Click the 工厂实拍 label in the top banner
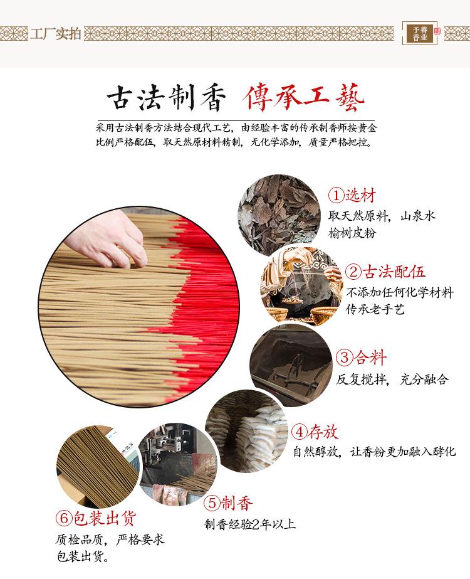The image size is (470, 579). tap(56, 33)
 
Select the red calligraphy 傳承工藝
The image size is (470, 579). tap(302, 98)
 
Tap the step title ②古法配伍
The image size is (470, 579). tap(385, 272)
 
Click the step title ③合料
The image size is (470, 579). tap(362, 358)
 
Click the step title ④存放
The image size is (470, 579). tap(315, 432)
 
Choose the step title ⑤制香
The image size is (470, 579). tap(229, 503)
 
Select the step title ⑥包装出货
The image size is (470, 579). tap(95, 518)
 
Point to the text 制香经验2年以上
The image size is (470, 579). tap(249, 524)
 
